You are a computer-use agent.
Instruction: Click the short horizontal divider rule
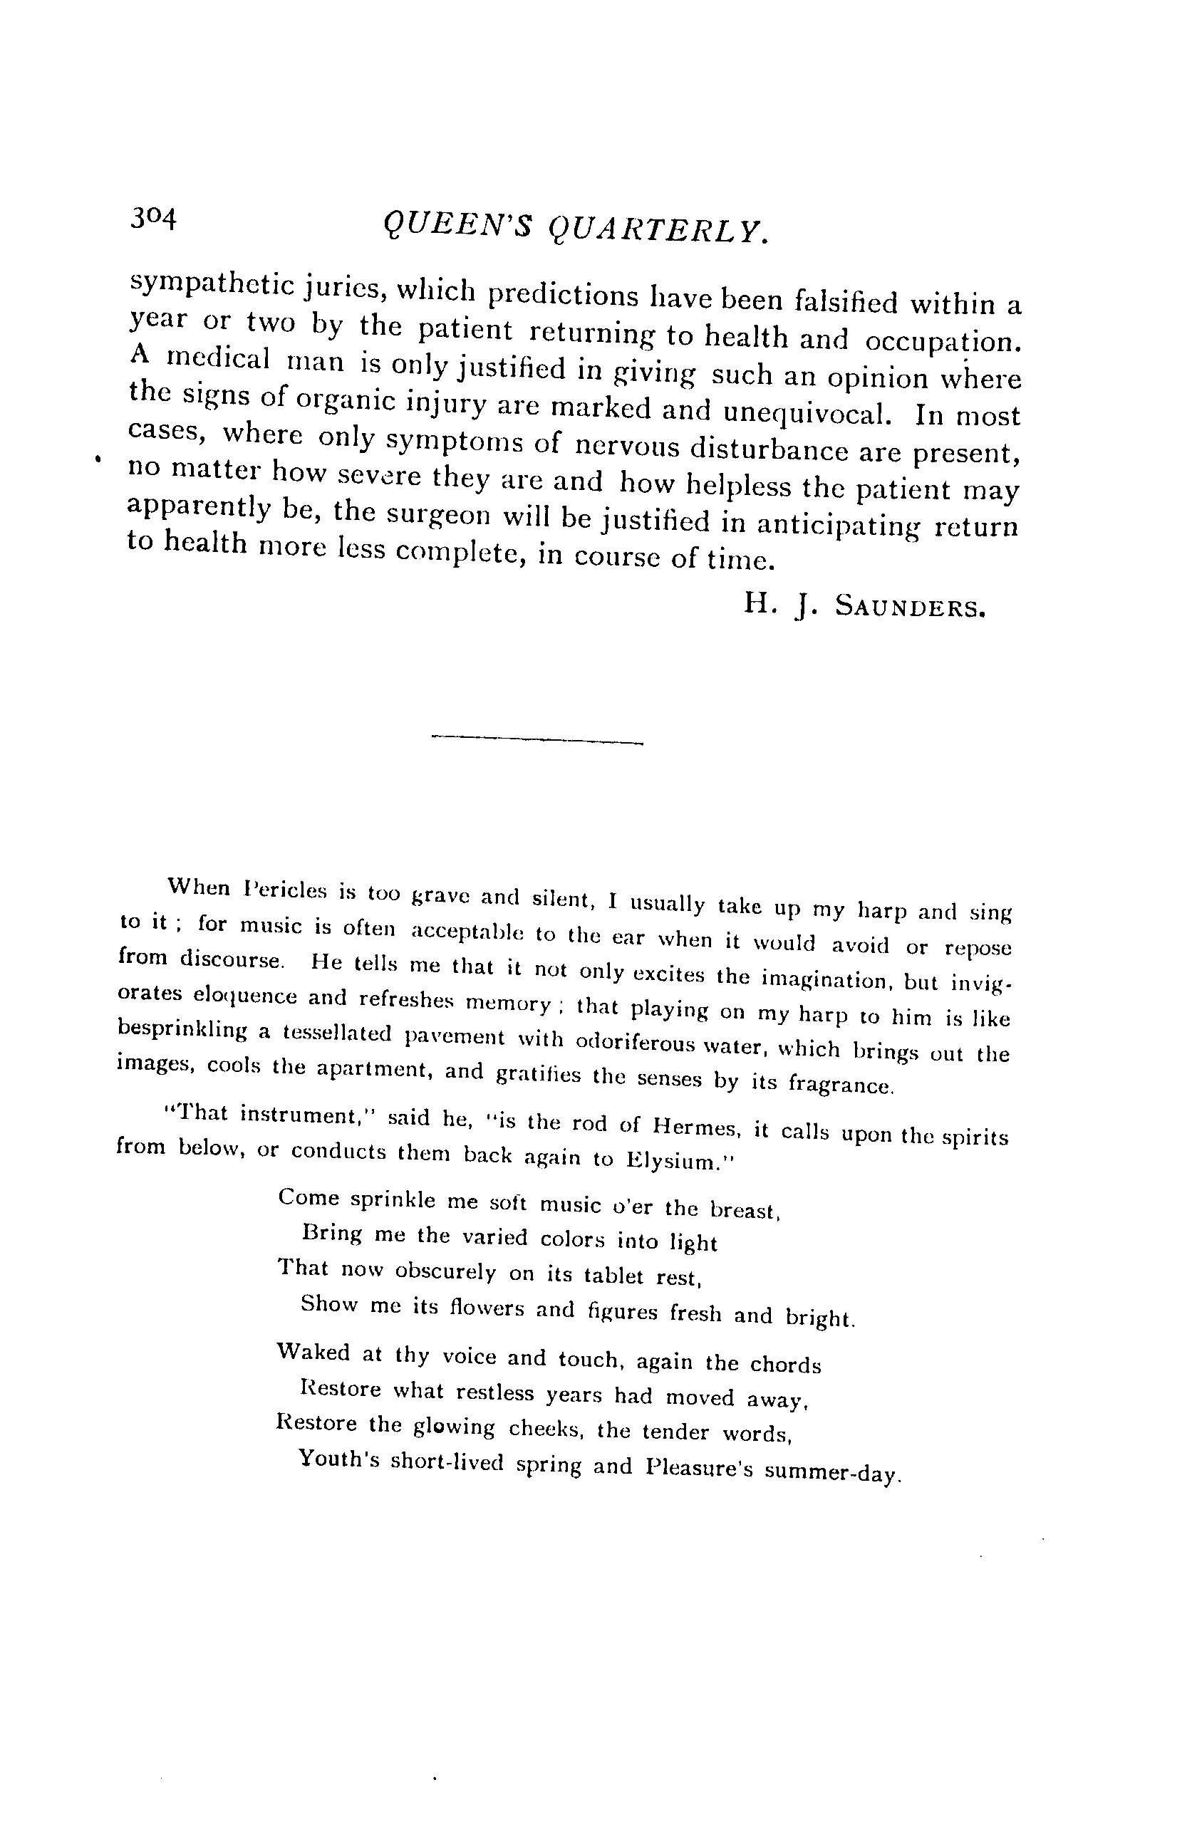tap(537, 740)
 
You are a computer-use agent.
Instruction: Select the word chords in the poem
tap(785, 1364)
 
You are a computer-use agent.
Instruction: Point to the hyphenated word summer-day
tap(833, 1470)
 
